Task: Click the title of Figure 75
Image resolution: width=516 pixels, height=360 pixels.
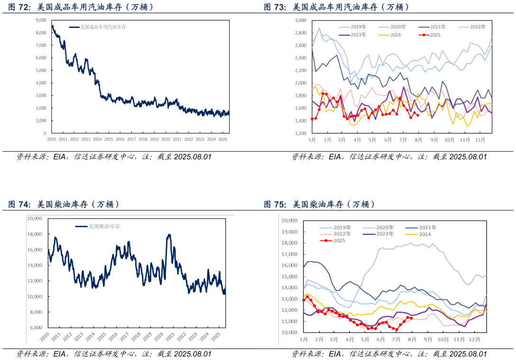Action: (x=319, y=204)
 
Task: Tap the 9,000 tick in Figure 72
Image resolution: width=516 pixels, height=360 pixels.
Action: (x=41, y=20)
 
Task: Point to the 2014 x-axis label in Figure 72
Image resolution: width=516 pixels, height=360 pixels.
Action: (x=97, y=139)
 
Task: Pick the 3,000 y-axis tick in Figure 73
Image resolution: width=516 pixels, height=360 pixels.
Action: (x=301, y=20)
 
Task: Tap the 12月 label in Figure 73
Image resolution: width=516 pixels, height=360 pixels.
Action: (x=480, y=140)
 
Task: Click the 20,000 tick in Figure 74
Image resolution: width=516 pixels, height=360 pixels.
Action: (x=36, y=219)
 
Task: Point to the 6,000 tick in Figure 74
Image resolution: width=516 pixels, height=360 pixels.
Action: (x=37, y=328)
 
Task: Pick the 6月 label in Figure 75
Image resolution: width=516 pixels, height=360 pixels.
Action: (x=380, y=340)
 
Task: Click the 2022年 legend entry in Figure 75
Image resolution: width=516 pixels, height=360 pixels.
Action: (x=341, y=234)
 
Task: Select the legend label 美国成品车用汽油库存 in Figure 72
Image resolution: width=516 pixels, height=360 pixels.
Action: (x=103, y=28)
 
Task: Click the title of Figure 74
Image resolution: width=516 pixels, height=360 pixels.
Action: (x=64, y=204)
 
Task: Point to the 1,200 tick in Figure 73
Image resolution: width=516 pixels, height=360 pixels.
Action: (x=301, y=133)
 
